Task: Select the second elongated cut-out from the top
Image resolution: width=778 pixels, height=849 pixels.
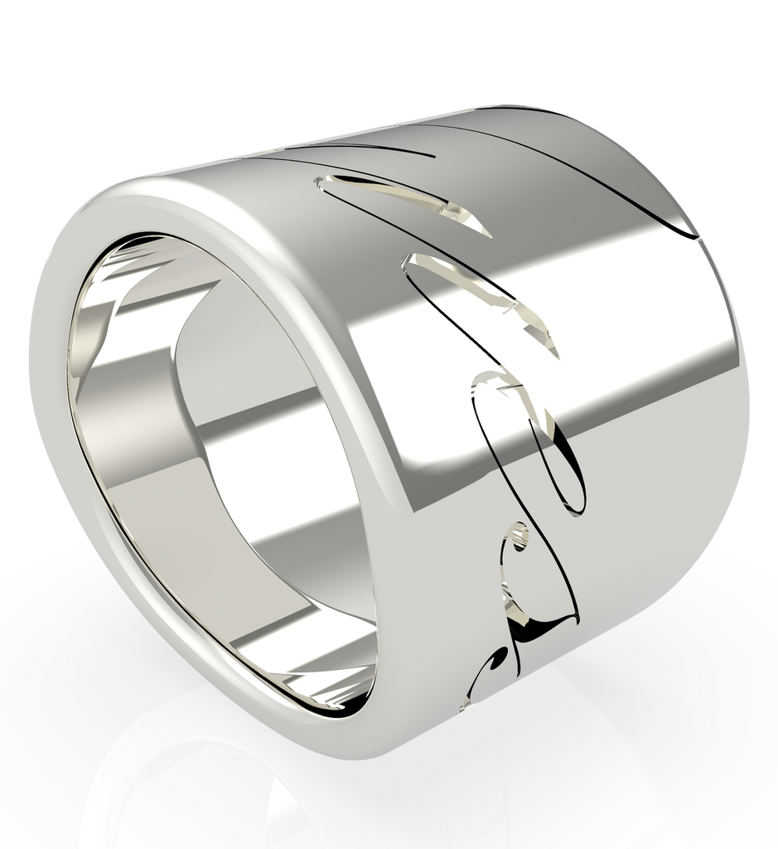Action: pos(481,298)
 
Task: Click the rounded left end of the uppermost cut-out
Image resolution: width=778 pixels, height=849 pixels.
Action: pos(320,180)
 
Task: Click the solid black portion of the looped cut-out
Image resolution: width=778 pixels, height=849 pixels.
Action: pos(568,481)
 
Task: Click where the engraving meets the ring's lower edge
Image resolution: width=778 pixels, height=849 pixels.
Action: pos(464,705)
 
